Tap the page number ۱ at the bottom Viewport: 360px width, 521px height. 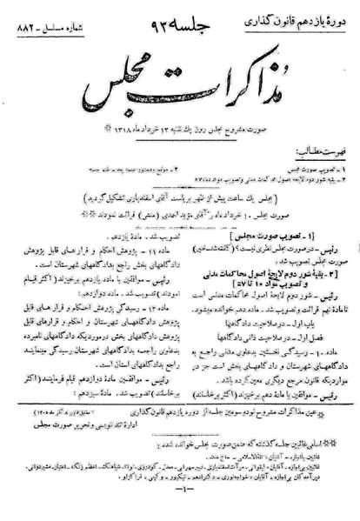(x=180, y=498)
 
